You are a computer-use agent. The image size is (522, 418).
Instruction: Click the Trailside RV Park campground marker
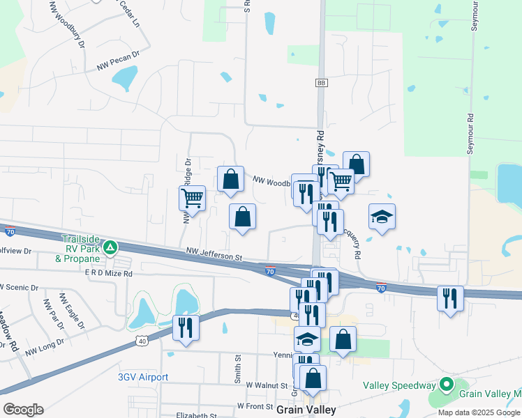(x=110, y=247)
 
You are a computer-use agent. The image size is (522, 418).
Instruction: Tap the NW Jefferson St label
(x=214, y=254)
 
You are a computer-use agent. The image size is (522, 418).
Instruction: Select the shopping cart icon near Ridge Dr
(x=192, y=197)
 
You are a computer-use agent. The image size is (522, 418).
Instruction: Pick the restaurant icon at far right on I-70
(x=450, y=298)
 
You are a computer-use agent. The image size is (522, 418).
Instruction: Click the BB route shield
(x=321, y=83)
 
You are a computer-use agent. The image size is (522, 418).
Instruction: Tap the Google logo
(x=23, y=410)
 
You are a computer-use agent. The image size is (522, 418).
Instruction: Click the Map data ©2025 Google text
(x=479, y=412)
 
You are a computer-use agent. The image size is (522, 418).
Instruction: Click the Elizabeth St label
(x=197, y=415)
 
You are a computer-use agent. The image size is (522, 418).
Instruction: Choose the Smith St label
(x=238, y=370)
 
